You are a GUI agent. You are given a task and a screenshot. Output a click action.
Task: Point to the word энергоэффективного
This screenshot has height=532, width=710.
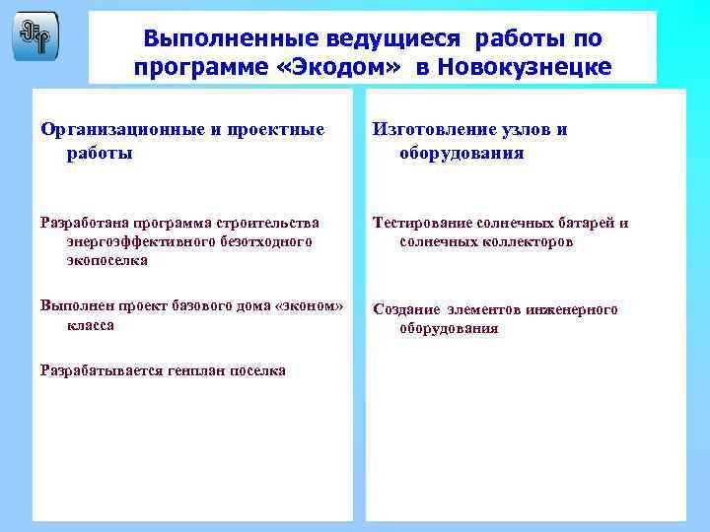136,241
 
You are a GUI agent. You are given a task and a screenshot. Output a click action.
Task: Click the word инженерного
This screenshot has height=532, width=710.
577,309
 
